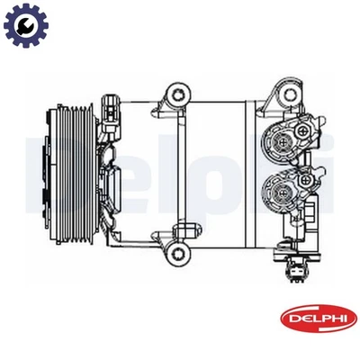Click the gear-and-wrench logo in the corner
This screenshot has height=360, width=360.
pos(25,26)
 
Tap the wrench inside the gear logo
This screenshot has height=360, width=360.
pos(25,26)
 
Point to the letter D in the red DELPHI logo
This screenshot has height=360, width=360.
pos(289,317)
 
